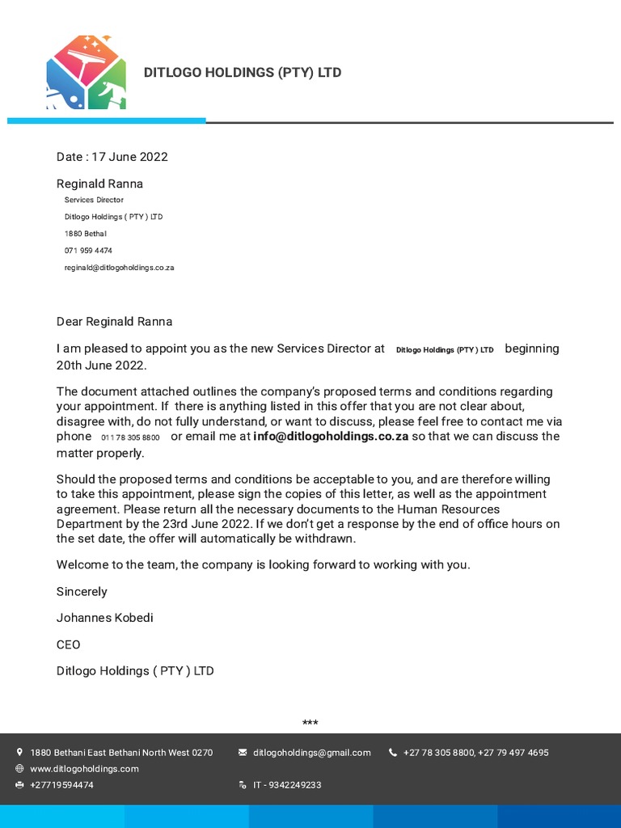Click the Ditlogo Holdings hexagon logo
coord(86,72)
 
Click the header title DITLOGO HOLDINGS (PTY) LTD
coord(242,73)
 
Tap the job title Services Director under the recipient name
coord(94,200)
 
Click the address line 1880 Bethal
coord(85,234)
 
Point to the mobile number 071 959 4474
coord(88,251)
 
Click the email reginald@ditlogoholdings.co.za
coord(119,268)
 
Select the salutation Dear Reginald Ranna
coord(114,322)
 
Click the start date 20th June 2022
coord(101,365)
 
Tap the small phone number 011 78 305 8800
coord(130,437)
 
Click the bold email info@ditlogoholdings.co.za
coord(330,437)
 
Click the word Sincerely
coord(82,592)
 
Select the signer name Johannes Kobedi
coord(104,618)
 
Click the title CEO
coord(68,644)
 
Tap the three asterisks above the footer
coord(310,722)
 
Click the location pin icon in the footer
coord(19,752)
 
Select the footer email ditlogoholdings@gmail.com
coord(311,753)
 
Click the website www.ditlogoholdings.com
coord(84,769)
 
